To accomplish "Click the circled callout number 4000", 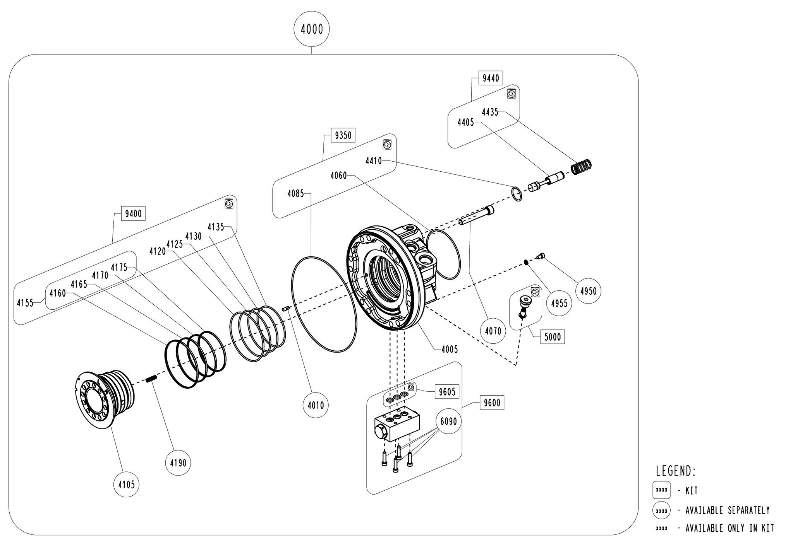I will (312, 29).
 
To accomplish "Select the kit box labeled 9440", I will (491, 78).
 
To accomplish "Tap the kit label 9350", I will (343, 135).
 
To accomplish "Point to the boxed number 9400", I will (133, 213).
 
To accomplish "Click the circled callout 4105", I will (126, 484).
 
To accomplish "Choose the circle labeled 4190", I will (178, 462).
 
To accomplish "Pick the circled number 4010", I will (316, 406).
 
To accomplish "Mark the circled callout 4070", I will (493, 331).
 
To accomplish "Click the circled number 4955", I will (560, 303).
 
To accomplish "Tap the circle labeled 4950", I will (589, 291).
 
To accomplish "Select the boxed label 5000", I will (552, 336).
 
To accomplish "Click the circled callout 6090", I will (449, 421).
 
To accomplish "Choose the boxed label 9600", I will (492, 403).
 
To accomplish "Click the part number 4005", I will (449, 349).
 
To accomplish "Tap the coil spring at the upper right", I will (582, 166).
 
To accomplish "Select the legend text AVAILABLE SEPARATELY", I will (728, 510).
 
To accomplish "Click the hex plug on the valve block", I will (381, 431).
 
